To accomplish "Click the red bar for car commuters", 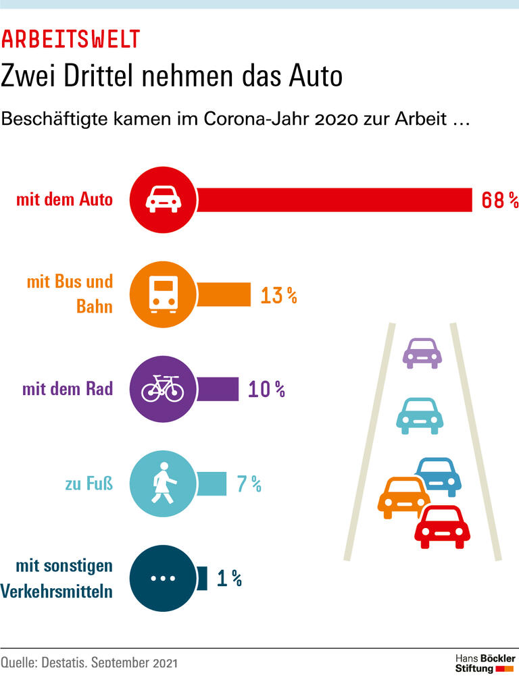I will point(335,200).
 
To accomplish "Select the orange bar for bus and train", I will point(224,295).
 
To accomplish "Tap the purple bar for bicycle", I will point(218,390).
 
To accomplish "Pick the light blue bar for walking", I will point(212,483).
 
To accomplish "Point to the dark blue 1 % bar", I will point(202,578).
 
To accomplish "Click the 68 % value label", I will point(499,201).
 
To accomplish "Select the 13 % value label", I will point(278,295).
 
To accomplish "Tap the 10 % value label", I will point(266,390).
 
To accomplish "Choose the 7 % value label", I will point(247,484).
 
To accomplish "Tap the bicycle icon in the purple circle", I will point(161,389).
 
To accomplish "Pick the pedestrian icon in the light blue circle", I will point(163,484).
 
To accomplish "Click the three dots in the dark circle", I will point(162,579).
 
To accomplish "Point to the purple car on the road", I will point(422,353).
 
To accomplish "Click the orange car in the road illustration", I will point(404,498).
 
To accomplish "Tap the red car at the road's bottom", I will point(442,527).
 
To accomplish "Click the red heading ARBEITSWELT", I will point(70,40).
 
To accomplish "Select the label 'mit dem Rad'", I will point(67,390).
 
